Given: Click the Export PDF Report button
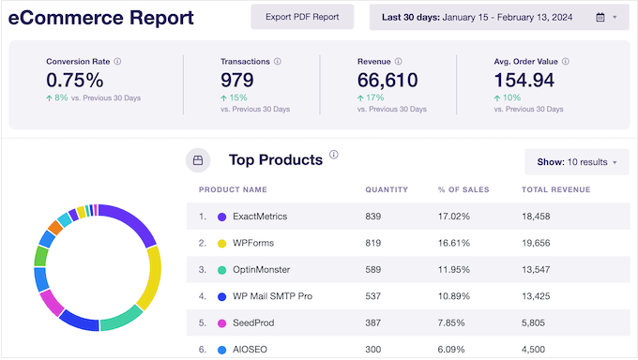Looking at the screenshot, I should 302,17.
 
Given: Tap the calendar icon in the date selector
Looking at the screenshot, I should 600,17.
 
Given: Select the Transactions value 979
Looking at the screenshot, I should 237,82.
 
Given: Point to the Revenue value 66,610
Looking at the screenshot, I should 387,82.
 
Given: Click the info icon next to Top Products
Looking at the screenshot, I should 334,156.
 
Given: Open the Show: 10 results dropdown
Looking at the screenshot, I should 576,162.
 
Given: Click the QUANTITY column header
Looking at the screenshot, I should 387,190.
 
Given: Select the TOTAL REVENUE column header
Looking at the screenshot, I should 555,190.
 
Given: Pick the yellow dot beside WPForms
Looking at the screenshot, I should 222,243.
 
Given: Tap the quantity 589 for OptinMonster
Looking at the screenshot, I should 376,269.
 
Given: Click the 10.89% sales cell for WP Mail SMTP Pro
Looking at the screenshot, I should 454,296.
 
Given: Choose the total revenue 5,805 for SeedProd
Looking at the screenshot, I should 535,322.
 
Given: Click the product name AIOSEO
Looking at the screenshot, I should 251,349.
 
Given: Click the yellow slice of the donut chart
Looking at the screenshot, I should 150,277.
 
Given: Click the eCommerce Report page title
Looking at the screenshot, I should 101,18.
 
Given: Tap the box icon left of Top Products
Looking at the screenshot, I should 198,160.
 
